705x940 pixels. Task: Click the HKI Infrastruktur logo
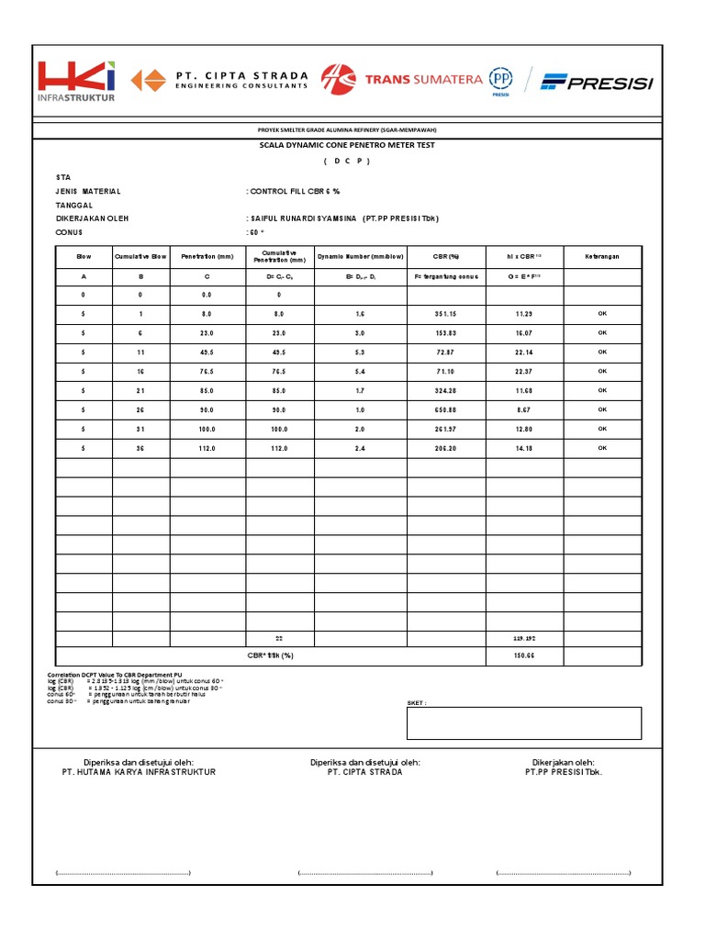pyautogui.click(x=76, y=81)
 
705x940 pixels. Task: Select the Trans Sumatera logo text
pyautogui.click(x=422, y=80)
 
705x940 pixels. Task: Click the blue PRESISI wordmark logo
pyautogui.click(x=597, y=83)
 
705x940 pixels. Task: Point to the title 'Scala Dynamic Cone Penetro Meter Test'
pyautogui.click(x=346, y=145)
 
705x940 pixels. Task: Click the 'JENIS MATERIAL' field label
pyautogui.click(x=88, y=191)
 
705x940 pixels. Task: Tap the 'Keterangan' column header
pyautogui.click(x=602, y=256)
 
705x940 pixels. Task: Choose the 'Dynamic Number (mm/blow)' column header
pyautogui.click(x=361, y=256)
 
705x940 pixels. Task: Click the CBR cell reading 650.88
pyautogui.click(x=446, y=409)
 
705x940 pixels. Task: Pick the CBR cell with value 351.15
pyautogui.click(x=446, y=314)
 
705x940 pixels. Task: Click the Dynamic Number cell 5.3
pyautogui.click(x=361, y=352)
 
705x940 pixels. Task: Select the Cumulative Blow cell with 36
pyautogui.click(x=140, y=448)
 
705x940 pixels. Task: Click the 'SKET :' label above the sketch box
pyautogui.click(x=418, y=702)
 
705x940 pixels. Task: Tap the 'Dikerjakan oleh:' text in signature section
pyautogui.click(x=563, y=762)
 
